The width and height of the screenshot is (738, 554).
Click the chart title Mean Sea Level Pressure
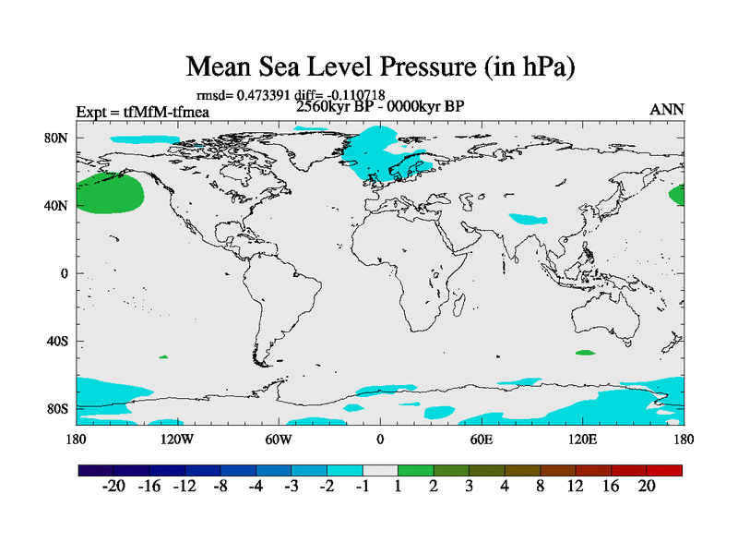382,66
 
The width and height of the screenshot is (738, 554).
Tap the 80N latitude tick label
58,138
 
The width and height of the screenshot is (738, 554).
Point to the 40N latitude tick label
58,205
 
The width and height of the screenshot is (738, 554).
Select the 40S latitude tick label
58,341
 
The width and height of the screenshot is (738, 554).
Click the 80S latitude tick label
58,408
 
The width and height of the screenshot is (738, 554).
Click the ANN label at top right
667,110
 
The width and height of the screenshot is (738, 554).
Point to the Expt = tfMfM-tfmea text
143,113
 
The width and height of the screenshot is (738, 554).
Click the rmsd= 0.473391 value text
242,94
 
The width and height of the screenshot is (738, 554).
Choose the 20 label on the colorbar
647,487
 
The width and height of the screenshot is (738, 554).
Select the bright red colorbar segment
664,470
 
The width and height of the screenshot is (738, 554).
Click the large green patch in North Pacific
109,194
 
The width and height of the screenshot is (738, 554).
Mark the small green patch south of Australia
585,353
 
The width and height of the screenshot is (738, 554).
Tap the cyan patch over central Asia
529,220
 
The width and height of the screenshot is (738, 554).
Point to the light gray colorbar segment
380,470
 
